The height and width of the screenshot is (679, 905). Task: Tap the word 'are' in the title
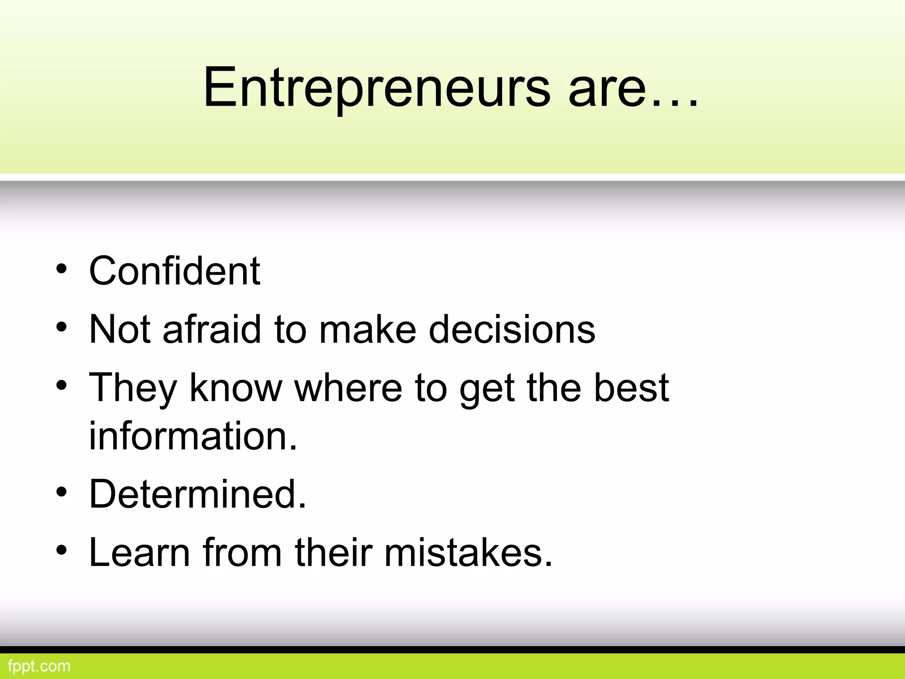607,88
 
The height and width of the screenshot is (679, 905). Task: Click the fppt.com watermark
39,666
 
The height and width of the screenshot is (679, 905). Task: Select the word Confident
175,271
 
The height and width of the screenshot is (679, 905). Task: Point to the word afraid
212,329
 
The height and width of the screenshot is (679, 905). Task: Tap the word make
368,329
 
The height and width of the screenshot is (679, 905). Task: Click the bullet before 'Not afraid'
61,327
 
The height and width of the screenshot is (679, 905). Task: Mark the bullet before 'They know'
61,385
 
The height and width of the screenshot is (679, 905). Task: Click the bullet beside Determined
61,492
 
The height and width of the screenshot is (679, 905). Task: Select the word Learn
139,552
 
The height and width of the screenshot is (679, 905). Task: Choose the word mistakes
468,552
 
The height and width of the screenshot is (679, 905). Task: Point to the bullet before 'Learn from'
61,550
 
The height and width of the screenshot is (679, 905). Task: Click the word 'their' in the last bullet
334,552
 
